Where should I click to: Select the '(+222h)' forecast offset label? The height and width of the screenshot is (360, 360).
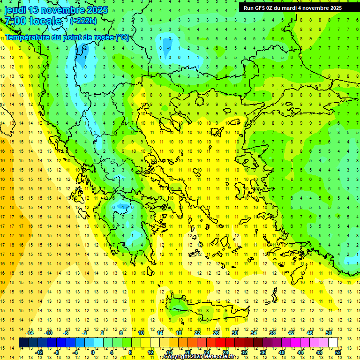(x=83, y=21)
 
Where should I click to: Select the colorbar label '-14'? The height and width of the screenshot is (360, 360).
(x=30, y=333)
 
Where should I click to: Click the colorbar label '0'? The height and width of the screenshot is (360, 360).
(x=93, y=352)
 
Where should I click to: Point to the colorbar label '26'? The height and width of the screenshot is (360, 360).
(x=216, y=333)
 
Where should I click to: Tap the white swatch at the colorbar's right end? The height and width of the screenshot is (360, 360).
(x=333, y=343)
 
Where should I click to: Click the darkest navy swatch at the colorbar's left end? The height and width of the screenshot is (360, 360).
(x=24, y=343)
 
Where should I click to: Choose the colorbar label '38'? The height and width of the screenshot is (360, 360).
(x=272, y=333)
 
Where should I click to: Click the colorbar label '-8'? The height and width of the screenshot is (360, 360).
(x=57, y=352)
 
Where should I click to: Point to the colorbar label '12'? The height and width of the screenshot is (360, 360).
(x=151, y=352)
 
